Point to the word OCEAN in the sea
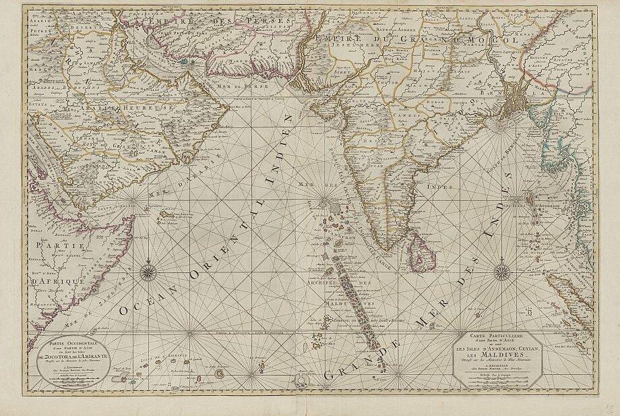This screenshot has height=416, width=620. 144,301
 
